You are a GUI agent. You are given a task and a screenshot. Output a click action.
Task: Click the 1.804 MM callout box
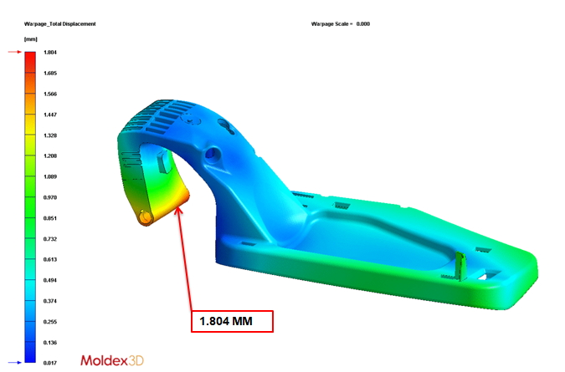(x=232, y=321)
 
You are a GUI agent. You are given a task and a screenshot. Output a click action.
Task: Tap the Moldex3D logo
(x=112, y=360)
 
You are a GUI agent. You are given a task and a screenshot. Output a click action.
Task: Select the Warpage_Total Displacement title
(x=59, y=23)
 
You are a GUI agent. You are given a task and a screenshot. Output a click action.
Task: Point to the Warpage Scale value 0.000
(x=362, y=23)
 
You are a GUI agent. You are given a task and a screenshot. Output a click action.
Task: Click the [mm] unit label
(x=31, y=39)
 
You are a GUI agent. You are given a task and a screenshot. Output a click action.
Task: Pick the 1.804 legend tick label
(x=50, y=52)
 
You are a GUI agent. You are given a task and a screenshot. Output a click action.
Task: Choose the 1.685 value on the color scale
(x=50, y=73)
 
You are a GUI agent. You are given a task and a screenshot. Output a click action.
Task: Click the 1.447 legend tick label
(x=50, y=115)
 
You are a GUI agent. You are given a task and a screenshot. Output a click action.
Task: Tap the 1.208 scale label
(x=50, y=155)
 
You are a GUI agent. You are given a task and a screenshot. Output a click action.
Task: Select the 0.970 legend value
(x=50, y=197)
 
